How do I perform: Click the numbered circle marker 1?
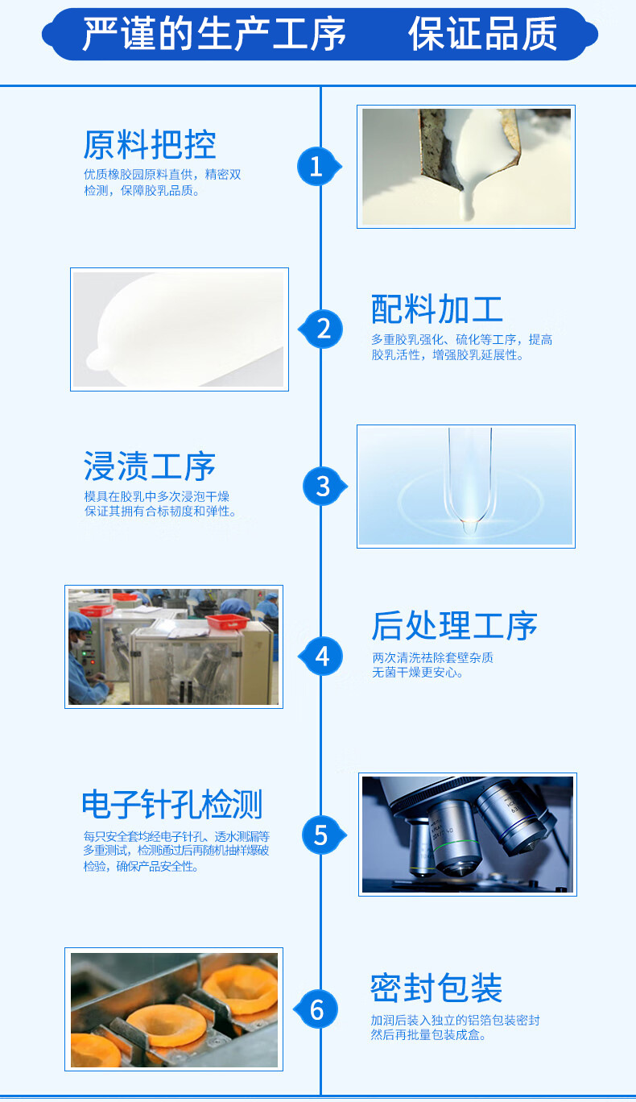[x=316, y=167]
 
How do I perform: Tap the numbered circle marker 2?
[x=324, y=329]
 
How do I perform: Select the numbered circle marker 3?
[x=322, y=487]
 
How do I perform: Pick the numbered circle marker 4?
[x=322, y=657]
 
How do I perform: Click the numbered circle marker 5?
[x=320, y=835]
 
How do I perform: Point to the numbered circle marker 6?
[x=317, y=1009]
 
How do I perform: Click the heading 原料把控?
[x=150, y=145]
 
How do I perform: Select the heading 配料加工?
[x=437, y=309]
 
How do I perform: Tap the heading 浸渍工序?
[x=150, y=467]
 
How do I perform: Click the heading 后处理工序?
[x=454, y=626]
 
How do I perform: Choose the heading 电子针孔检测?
[x=172, y=804]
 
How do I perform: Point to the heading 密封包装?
[x=436, y=988]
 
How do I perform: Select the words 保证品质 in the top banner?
[x=482, y=34]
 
